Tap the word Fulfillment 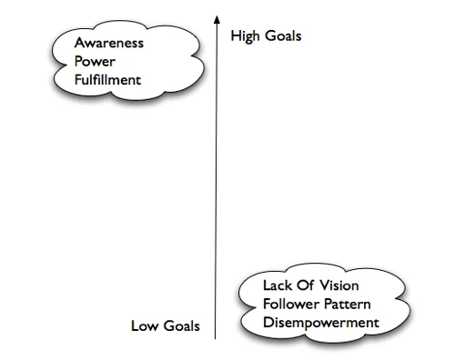point(109,81)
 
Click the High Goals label point(266,36)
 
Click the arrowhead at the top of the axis point(217,16)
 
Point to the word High point(247,36)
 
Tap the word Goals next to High point(282,36)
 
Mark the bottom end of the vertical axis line point(217,338)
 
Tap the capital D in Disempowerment point(267,323)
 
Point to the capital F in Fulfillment point(79,81)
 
